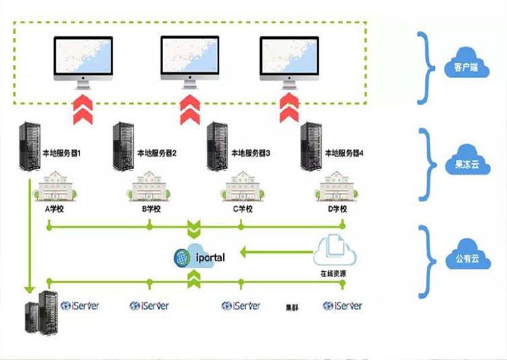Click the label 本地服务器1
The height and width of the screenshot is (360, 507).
coord(62,153)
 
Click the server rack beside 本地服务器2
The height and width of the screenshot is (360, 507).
coord(123,145)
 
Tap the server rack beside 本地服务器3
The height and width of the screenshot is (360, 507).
coord(216,145)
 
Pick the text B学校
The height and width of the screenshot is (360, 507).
coord(151,209)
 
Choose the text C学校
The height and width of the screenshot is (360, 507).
coord(243,209)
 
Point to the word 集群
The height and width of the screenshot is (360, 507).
coord(292,307)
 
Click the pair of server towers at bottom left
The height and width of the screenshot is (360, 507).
coord(40,313)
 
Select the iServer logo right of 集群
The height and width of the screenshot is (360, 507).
coord(342,306)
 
